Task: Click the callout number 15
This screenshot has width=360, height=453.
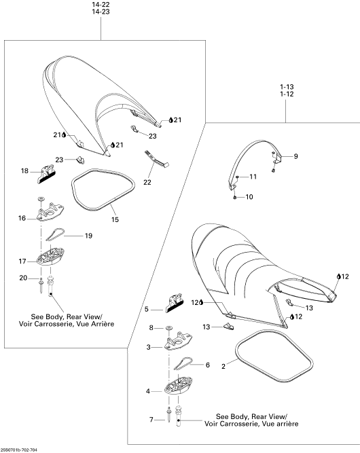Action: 115,220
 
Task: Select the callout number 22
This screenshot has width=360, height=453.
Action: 147,183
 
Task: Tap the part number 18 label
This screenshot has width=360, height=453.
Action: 24,171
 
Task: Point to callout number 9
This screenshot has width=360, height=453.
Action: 295,156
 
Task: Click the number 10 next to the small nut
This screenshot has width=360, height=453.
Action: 249,197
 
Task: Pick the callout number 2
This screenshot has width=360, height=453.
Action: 223,367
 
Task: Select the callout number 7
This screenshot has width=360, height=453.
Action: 151,420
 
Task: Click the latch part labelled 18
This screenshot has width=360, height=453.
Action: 47,175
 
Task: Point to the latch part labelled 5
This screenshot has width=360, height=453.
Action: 174,303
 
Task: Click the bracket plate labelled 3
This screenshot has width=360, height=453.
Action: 178,341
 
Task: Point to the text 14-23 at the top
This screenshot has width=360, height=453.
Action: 101,12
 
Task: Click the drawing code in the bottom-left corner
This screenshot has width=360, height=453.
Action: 19,450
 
